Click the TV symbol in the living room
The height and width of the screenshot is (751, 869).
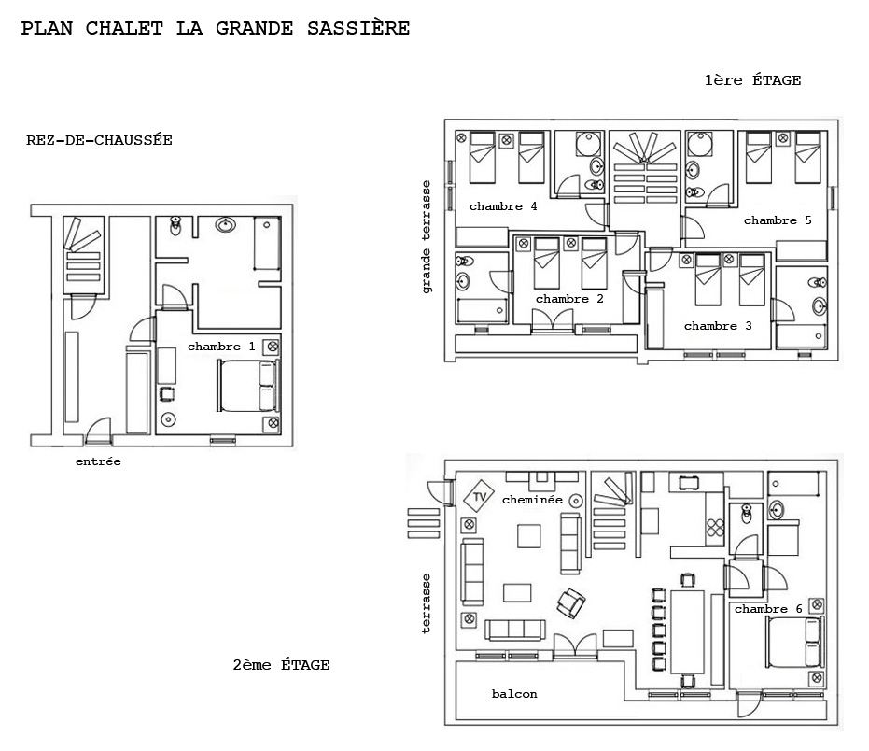[x=479, y=496]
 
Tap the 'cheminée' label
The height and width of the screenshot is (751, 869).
[x=532, y=500]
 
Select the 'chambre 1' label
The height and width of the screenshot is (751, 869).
[x=220, y=347]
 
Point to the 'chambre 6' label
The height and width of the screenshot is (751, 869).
[x=768, y=609]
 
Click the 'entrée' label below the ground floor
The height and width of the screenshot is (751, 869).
[x=98, y=461]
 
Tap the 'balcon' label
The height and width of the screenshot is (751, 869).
[x=514, y=694]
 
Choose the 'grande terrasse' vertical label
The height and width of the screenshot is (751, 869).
[x=426, y=237]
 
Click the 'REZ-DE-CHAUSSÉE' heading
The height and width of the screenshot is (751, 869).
[x=99, y=140]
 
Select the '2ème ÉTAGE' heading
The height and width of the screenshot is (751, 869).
[x=281, y=664]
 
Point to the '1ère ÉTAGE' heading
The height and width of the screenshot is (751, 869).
[x=752, y=80]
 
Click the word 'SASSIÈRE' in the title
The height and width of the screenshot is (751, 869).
[x=358, y=28]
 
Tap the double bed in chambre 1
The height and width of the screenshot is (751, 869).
[x=248, y=386]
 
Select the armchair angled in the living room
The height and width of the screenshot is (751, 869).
[x=571, y=602]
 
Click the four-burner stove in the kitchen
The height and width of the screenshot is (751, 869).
[x=715, y=528]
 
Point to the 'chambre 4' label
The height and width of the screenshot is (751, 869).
[x=503, y=206]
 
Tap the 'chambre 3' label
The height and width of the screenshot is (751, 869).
[x=718, y=326]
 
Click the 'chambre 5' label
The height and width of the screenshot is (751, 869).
[x=778, y=220]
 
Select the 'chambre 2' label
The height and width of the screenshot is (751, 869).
[x=569, y=299]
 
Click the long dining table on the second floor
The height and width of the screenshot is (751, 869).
[x=687, y=631]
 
